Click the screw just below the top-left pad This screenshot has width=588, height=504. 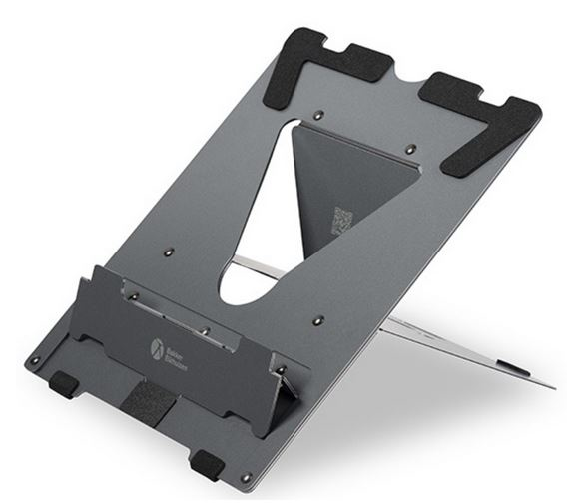[316, 116]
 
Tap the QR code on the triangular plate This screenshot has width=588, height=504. [342, 218]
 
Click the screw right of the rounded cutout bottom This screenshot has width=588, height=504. [317, 321]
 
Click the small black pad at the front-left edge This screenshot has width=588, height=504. [64, 381]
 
